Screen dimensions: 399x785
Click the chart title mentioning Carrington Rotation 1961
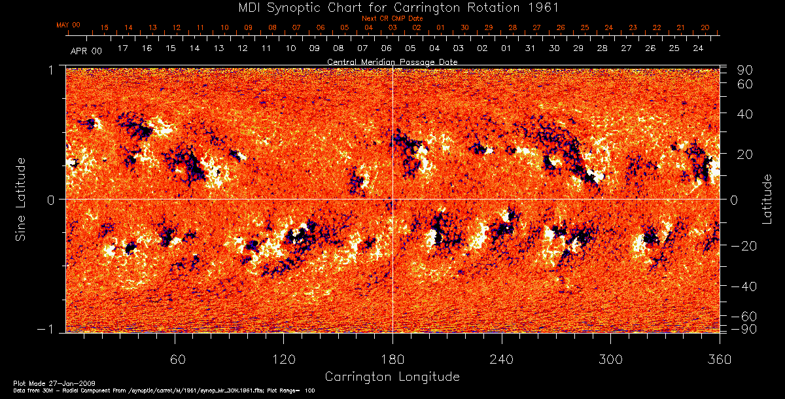tap(392, 7)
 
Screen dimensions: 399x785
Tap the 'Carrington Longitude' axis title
tap(392, 377)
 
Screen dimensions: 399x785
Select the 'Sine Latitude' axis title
tap(22, 199)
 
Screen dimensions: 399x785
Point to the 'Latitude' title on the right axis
tap(768, 199)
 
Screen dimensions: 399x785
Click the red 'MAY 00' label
tap(68, 25)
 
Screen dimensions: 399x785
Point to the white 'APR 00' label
tap(86, 50)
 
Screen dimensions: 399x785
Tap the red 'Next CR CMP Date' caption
tap(392, 18)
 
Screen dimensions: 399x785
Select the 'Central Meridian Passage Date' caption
tap(392, 61)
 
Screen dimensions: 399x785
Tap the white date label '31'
tap(530, 49)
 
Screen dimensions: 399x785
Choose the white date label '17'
tap(122, 49)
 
